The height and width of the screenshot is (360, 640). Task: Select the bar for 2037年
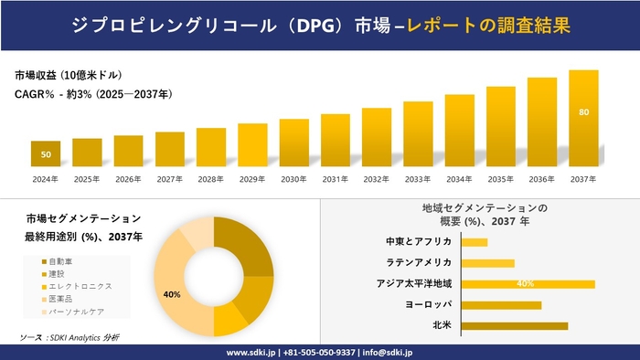[x=583, y=118]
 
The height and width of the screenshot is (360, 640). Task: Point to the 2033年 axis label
[x=418, y=178]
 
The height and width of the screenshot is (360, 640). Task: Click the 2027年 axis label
[x=170, y=178]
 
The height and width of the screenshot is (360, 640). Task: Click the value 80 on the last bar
[x=583, y=111]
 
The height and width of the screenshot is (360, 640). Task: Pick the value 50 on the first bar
[x=46, y=154]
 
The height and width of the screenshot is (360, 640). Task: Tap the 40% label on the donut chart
[x=171, y=294]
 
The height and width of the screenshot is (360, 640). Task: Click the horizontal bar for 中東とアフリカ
[x=475, y=242]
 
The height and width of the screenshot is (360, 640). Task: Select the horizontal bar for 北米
[x=515, y=325]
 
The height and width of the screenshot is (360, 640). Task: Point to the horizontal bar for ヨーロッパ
[x=501, y=305]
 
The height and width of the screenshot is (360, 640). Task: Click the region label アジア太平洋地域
[x=414, y=284]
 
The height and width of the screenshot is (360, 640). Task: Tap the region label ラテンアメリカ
[x=420, y=263]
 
